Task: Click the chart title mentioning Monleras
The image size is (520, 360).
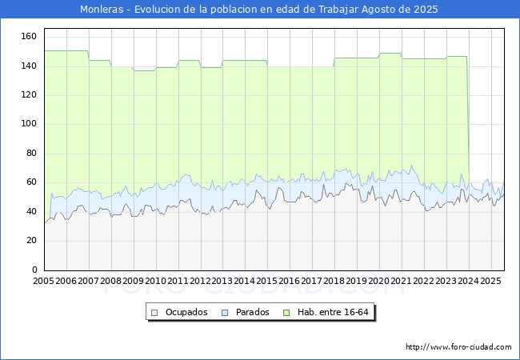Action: click(x=260, y=10)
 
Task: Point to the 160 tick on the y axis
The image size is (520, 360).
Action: click(x=29, y=37)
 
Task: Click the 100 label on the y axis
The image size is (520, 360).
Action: click(x=29, y=124)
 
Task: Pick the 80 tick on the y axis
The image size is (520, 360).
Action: click(x=31, y=154)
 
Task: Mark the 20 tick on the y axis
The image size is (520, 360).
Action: click(x=31, y=241)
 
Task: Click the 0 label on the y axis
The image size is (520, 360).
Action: click(x=34, y=270)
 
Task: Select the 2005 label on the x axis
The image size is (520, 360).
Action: click(x=43, y=281)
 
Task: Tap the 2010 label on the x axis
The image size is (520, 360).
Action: click(x=155, y=281)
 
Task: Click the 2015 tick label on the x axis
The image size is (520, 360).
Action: click(x=267, y=281)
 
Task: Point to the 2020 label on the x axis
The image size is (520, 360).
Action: click(x=379, y=281)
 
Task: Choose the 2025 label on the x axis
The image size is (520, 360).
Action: click(x=490, y=281)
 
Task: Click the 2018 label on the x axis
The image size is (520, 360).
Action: click(x=334, y=281)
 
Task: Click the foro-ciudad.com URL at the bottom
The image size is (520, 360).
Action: click(x=458, y=347)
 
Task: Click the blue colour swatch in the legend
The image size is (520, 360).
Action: click(x=226, y=312)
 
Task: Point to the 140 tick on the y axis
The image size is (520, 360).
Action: click(x=29, y=66)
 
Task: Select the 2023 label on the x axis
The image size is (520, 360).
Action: click(x=446, y=281)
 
